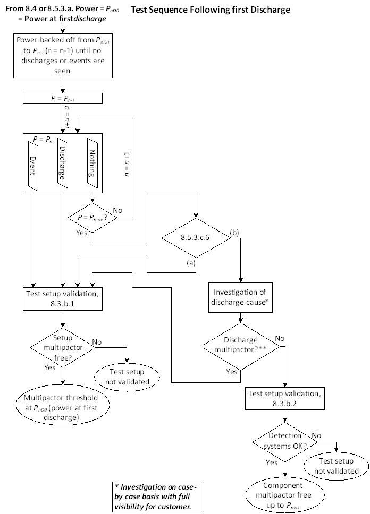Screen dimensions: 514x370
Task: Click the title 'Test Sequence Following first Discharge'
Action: [211, 10]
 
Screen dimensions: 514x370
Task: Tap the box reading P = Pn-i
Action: [63, 98]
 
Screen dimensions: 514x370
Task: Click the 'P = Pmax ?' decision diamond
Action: [93, 217]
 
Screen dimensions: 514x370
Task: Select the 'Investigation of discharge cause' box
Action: [242, 297]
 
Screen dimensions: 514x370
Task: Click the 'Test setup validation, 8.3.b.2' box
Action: [285, 398]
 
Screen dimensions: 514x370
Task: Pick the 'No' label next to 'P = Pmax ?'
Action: [117, 210]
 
